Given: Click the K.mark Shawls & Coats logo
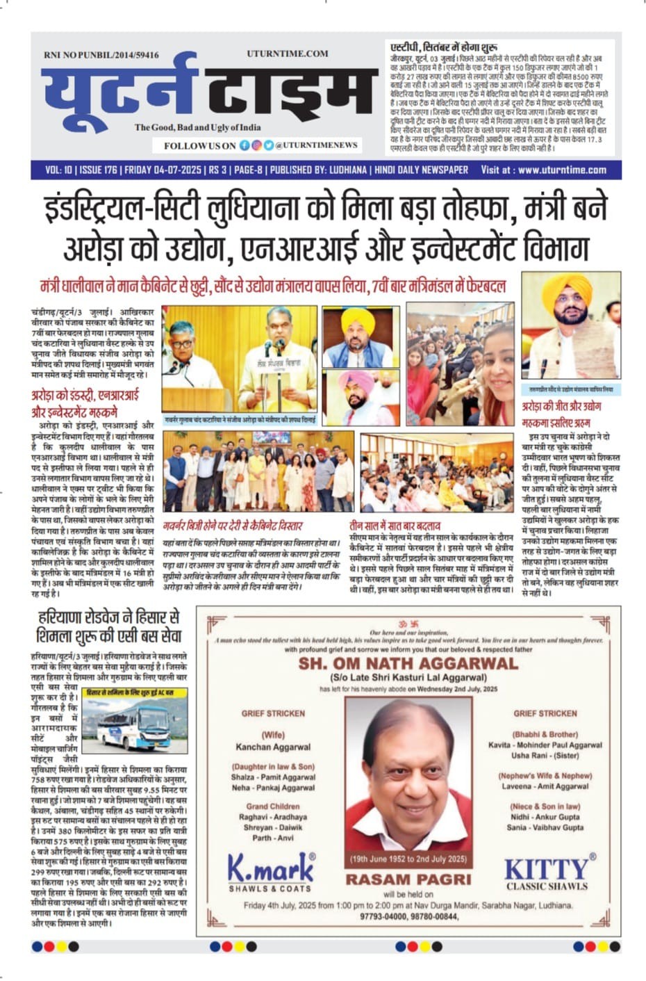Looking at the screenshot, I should [x=271, y=873].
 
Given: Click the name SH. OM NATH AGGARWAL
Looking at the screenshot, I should [x=408, y=663].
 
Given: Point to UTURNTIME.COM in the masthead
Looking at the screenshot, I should [x=287, y=53].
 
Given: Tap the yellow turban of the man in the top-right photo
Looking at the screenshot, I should [x=568, y=290].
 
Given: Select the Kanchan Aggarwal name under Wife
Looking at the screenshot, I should [x=273, y=747].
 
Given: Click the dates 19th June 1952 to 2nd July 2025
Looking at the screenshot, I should [x=408, y=859].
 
